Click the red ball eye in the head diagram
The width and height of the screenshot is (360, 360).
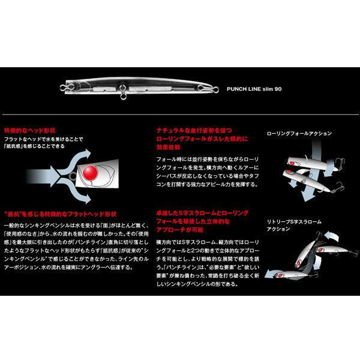[x=91, y=173]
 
